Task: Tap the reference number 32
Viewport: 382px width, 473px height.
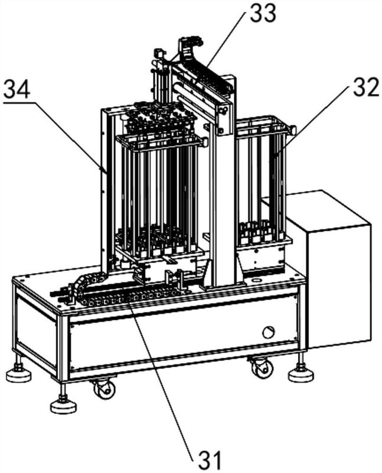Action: pos(365,87)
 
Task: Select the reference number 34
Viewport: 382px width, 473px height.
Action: pos(17,89)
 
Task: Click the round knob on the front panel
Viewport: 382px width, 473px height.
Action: pos(269,332)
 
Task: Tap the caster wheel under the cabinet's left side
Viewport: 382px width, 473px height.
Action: pos(105,388)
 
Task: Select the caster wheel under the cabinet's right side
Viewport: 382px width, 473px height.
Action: pos(261,367)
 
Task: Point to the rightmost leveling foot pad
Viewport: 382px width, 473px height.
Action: pos(301,375)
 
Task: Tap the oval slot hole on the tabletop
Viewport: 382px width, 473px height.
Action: pos(257,280)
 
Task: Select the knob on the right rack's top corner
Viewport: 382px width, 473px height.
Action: pos(292,130)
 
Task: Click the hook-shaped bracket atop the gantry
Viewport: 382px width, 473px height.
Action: pos(191,46)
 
